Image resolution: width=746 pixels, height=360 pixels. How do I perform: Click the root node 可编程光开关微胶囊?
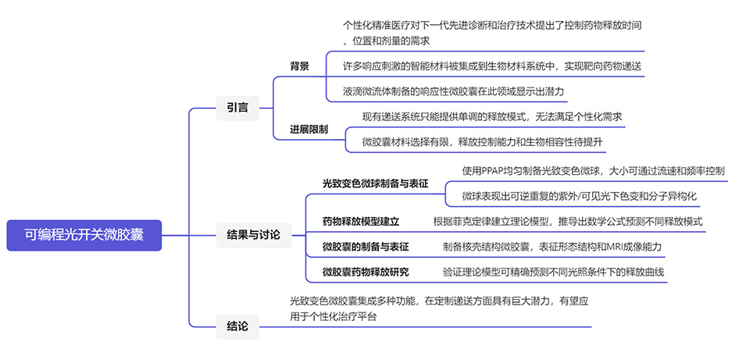point(84,233)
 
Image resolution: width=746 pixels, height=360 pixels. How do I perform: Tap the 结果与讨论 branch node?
point(248,233)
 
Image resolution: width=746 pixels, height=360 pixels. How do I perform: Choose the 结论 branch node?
point(237,326)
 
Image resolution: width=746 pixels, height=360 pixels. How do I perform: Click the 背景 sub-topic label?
point(300,66)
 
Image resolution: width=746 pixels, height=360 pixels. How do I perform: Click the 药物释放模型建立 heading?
point(361,221)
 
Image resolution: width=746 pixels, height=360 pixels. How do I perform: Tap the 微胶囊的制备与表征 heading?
point(366,247)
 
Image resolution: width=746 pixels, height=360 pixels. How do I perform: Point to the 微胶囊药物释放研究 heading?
point(366,272)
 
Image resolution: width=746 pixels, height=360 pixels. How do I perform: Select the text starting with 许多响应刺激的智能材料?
point(492,66)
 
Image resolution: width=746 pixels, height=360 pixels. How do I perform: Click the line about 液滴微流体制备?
point(453,91)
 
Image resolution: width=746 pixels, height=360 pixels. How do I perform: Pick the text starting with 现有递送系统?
point(492,116)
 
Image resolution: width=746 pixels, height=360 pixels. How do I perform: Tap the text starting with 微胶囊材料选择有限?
point(482,141)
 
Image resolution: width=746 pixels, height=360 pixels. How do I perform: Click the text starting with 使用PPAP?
point(593,170)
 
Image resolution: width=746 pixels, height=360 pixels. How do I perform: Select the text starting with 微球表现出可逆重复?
point(579,195)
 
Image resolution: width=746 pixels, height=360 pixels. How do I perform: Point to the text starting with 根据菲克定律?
point(568,221)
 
